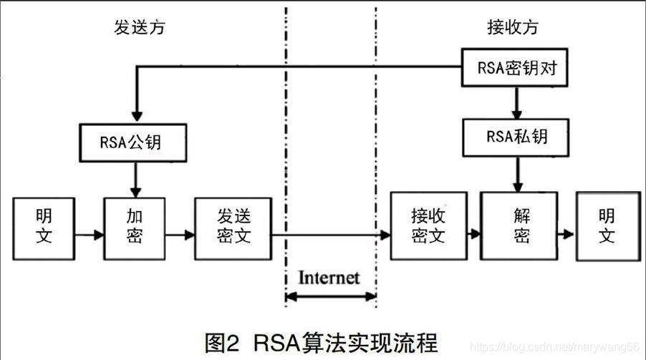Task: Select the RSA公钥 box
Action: (131, 142)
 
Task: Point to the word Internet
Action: (329, 276)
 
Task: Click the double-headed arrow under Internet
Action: (330, 296)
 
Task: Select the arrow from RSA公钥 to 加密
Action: (134, 178)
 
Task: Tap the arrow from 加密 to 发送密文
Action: (180, 233)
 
